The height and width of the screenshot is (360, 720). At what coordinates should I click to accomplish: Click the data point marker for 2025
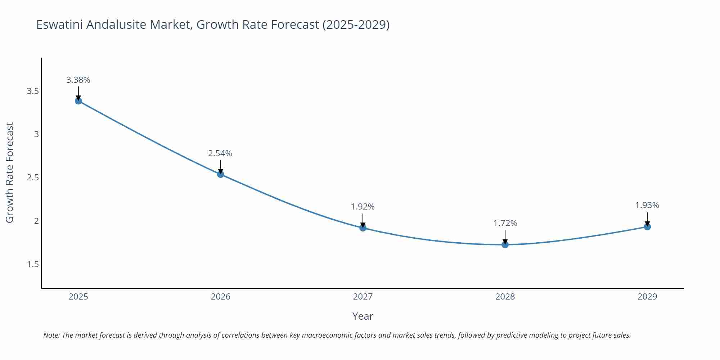pos(78,101)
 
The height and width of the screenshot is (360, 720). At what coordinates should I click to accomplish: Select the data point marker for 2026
pos(221,174)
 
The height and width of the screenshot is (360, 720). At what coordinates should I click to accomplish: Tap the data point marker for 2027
pos(363,228)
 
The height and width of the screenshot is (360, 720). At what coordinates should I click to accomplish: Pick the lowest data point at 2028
pos(505,245)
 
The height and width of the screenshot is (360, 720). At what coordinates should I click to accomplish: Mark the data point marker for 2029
pos(647,227)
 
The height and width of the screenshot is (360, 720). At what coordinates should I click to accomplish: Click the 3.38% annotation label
pos(78,80)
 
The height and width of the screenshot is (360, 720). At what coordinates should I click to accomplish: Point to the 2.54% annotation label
pos(220,153)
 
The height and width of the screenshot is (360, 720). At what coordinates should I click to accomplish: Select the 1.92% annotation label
pos(363,207)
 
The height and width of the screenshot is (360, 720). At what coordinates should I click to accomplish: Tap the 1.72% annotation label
pos(505,223)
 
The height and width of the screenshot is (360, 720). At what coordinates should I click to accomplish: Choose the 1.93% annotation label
pos(647,205)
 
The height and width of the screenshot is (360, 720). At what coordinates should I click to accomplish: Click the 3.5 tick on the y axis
pos(33,91)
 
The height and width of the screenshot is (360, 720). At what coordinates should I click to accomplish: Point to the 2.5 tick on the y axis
pos(33,177)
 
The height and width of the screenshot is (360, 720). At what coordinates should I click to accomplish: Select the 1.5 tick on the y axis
pos(33,264)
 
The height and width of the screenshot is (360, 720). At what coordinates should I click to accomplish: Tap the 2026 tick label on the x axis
pos(221,297)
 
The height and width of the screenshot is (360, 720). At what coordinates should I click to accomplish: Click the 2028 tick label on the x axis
pos(505,297)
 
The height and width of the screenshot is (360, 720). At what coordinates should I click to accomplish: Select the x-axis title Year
pos(363,316)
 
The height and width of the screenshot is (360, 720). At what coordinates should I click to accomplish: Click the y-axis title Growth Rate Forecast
pos(10,172)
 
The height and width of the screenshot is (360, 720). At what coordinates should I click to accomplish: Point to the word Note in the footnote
pos(51,335)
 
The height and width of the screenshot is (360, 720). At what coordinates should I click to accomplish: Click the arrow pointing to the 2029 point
pos(647,219)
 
